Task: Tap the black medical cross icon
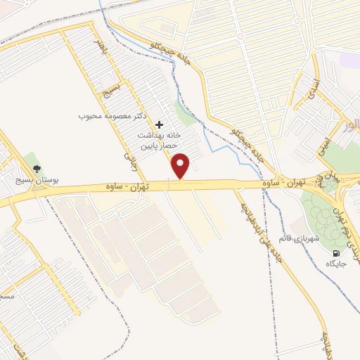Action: [159, 123]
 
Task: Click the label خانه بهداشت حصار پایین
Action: [158, 141]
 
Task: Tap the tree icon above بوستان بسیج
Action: [37, 169]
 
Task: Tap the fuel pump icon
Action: [335, 252]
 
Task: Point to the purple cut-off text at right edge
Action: [352, 127]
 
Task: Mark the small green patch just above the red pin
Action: [184, 113]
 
